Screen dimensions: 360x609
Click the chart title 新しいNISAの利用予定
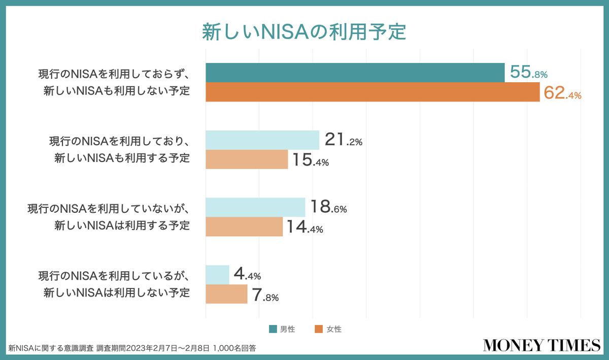click(x=304, y=31)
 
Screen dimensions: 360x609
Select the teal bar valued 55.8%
click(x=355, y=73)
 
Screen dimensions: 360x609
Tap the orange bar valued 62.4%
click(x=373, y=92)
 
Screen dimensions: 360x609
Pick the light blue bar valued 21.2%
click(x=262, y=140)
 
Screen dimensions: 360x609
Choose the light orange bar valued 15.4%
click(x=247, y=159)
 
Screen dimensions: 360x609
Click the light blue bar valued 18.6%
click(x=255, y=207)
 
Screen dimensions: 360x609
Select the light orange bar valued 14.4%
click(x=244, y=226)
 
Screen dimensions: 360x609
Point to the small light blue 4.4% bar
click(x=217, y=275)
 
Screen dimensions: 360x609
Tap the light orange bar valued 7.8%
click(x=226, y=294)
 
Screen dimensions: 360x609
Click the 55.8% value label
click(x=528, y=73)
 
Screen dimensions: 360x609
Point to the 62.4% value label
click(x=562, y=93)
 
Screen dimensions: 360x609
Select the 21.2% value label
click(x=343, y=140)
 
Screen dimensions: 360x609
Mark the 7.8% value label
click(x=265, y=296)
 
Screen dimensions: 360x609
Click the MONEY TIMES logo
click(x=541, y=345)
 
